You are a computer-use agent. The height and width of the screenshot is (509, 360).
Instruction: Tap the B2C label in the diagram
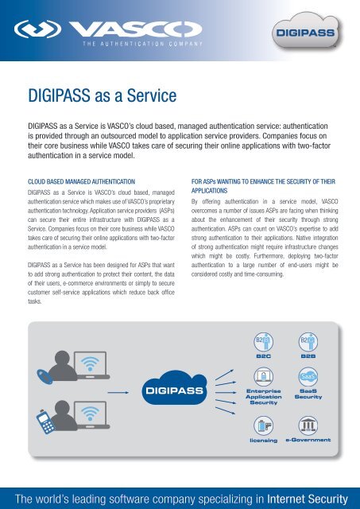coord(263,358)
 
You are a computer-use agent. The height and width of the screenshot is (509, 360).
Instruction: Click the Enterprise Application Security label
coord(263,397)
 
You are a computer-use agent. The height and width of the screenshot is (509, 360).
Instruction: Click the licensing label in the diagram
coord(263,439)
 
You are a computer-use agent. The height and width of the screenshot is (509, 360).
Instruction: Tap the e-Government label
coord(310,439)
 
